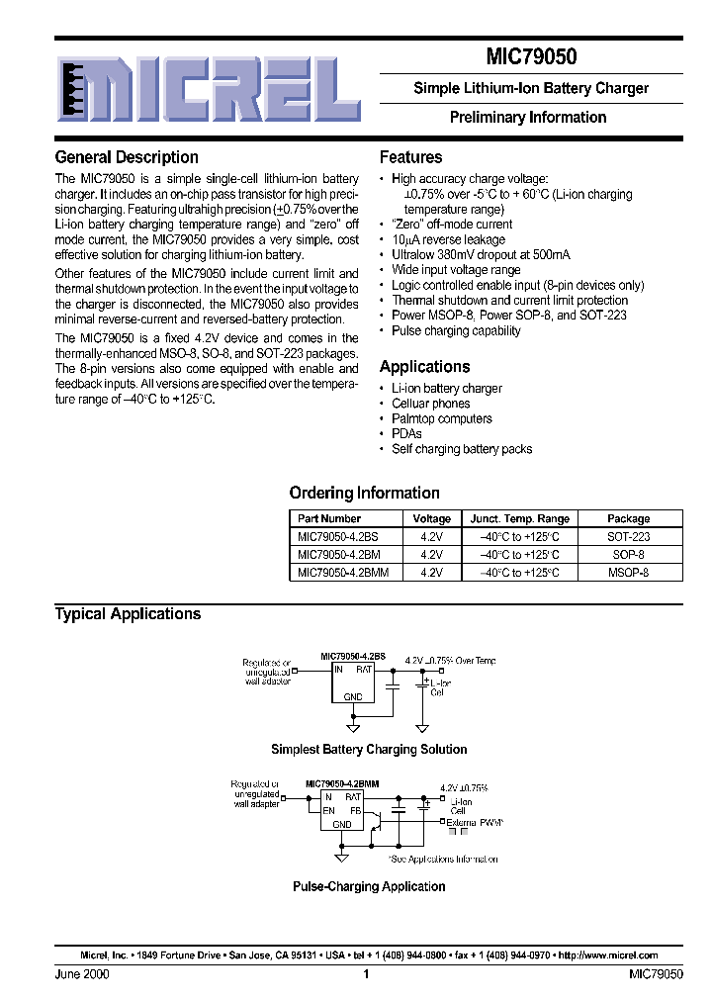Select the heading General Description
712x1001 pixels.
click(x=127, y=157)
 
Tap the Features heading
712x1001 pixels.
click(x=410, y=157)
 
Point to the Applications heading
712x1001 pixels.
click(x=424, y=366)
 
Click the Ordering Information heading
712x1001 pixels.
click(x=364, y=493)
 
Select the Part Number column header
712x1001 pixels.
click(x=329, y=518)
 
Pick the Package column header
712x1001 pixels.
click(x=628, y=518)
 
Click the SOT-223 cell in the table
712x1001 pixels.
click(x=628, y=536)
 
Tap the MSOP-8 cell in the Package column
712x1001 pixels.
click(x=628, y=572)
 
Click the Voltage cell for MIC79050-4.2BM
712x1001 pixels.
click(x=431, y=554)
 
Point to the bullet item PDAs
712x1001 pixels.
click(x=406, y=433)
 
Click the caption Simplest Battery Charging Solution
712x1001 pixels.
click(x=369, y=750)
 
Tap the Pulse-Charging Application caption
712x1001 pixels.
click(x=369, y=886)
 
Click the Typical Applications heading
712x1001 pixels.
click(x=128, y=614)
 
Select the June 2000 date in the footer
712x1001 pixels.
click(x=81, y=974)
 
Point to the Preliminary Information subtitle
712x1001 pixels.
click(x=528, y=117)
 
